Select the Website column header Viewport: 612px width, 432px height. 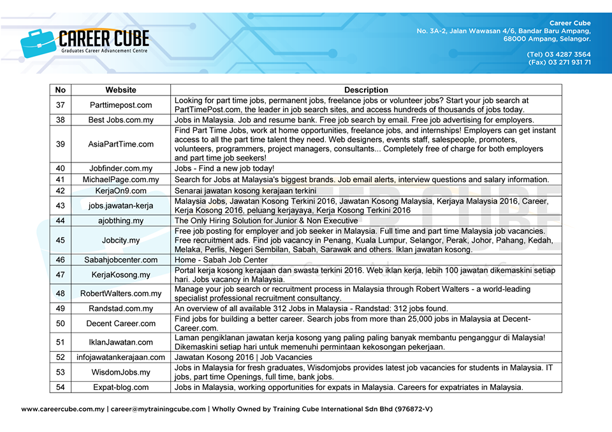point(120,90)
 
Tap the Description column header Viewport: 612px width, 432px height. point(366,90)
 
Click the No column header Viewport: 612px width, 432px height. point(61,90)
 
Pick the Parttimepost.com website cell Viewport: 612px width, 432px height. point(120,104)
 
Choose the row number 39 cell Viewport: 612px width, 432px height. point(61,144)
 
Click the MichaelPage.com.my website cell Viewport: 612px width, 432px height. point(120,180)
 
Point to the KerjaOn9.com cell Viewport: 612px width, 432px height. point(120,191)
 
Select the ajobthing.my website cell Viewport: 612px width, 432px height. point(120,220)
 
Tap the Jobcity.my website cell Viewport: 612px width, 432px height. point(120,240)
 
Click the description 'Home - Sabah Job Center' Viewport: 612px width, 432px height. point(221,260)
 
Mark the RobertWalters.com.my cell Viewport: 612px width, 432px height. point(120,293)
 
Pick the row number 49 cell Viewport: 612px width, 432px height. point(61,308)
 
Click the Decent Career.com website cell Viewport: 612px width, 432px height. point(120,323)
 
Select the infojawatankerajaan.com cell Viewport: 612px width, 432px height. point(120,357)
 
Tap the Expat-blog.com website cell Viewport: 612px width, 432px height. point(120,387)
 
